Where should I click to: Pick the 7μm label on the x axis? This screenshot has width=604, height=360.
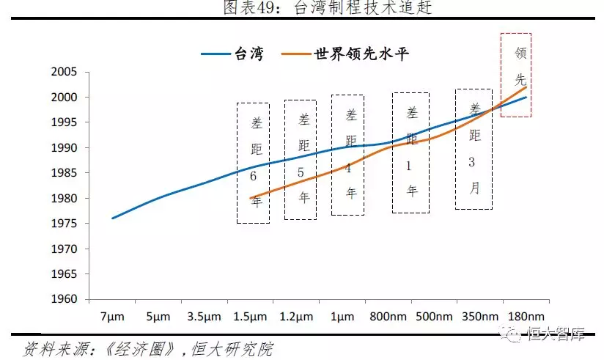point(111,317)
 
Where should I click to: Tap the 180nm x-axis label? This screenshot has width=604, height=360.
point(526,317)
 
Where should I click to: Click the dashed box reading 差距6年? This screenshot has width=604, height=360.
point(253,162)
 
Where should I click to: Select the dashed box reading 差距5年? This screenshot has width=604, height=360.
point(301,159)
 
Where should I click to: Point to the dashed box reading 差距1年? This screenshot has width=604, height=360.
point(410,153)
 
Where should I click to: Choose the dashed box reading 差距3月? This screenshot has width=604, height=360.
point(474,149)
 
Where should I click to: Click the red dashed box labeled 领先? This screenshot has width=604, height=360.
point(516,74)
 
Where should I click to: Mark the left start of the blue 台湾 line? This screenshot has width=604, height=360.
point(112,218)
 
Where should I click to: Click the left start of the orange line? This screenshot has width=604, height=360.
point(251,198)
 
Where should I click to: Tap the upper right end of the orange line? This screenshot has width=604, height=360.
point(526,87)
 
